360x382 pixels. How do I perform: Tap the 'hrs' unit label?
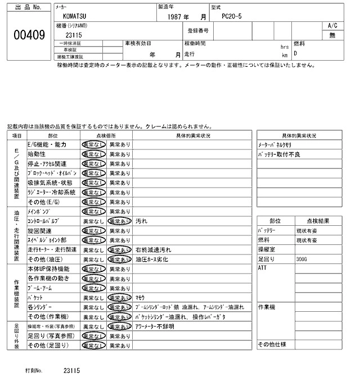coord(285,47)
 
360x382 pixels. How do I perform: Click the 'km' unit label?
coord(285,56)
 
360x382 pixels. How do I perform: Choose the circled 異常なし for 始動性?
coord(93,154)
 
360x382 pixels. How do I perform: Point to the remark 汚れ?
coord(141,221)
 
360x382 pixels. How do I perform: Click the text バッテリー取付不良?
coord(279,154)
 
